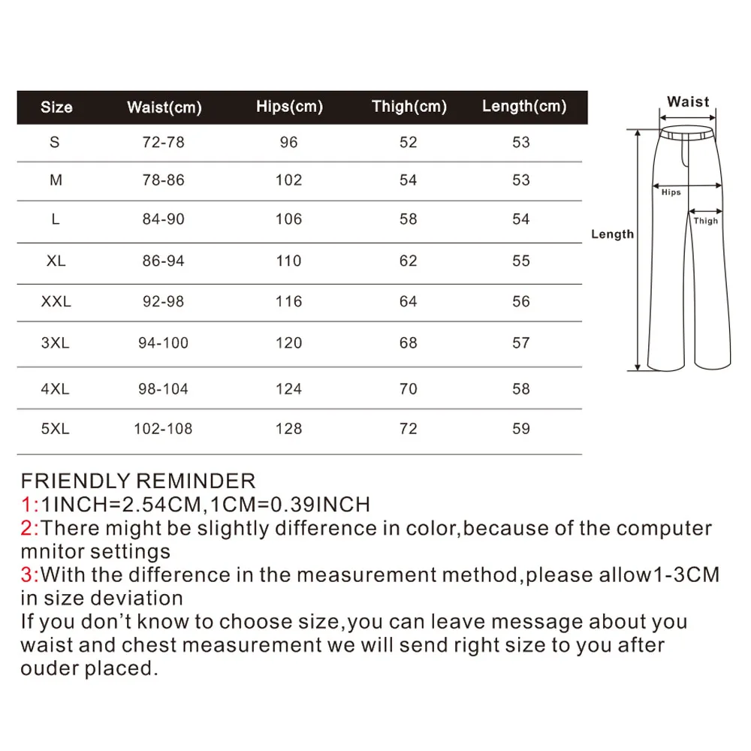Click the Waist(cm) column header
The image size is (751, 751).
(164, 107)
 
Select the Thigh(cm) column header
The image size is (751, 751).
(409, 107)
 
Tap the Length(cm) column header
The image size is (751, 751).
(524, 107)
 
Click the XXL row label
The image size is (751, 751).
(56, 302)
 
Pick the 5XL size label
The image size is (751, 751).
(55, 429)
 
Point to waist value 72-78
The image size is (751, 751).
(163, 142)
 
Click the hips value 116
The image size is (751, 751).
(288, 302)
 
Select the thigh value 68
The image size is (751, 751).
(408, 343)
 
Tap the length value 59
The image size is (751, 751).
(520, 429)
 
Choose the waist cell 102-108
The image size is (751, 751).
(163, 429)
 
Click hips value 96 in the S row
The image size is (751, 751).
(288, 142)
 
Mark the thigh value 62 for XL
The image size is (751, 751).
(408, 261)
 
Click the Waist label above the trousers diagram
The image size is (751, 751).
(688, 101)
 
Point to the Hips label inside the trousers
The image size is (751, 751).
(671, 192)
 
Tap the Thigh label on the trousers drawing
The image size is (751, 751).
(705, 221)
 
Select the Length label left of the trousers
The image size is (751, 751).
(612, 234)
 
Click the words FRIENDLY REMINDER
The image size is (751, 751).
(138, 481)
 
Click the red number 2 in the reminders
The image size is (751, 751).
(26, 528)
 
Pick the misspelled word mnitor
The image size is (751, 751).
(53, 552)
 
